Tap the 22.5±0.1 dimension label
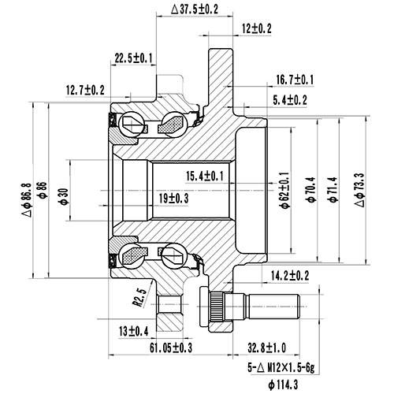135,58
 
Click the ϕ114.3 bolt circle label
283,385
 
